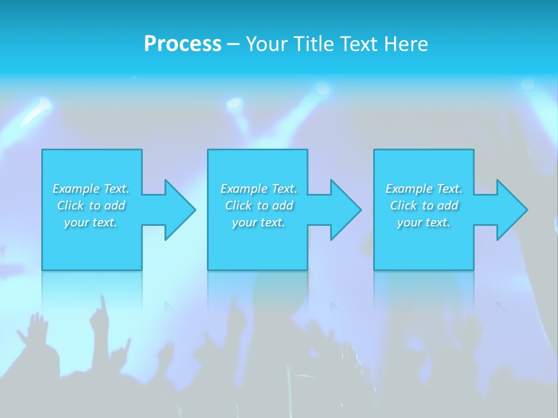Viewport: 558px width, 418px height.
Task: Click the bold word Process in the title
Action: coord(183,44)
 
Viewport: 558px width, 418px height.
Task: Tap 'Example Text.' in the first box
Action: coord(91,189)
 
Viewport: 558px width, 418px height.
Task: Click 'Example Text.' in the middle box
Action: coord(259,189)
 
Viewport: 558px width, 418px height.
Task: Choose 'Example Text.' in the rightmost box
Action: coord(424,189)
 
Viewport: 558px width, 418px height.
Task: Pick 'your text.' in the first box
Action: coord(91,222)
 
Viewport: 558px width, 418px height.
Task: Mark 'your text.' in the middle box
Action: coord(259,222)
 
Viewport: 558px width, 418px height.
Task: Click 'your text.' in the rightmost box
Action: coord(424,222)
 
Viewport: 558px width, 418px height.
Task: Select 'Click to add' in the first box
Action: coord(91,206)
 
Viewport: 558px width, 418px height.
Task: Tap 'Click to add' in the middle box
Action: coord(259,206)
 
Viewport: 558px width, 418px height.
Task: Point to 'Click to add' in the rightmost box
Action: coord(424,206)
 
